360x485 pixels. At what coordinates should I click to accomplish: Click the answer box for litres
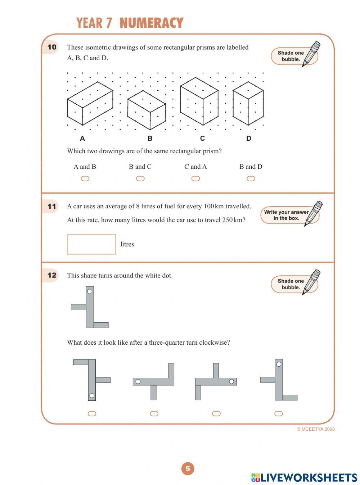(91, 244)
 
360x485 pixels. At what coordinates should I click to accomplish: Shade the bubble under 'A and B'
(85, 178)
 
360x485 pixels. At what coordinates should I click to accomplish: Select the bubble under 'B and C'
(140, 178)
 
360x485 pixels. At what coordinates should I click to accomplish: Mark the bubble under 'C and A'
(195, 178)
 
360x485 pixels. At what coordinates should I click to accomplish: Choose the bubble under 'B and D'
(251, 178)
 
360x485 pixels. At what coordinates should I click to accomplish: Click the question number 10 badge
(52, 47)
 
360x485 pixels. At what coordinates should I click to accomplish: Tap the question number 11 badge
(52, 206)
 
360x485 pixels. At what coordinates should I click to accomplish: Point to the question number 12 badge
(52, 275)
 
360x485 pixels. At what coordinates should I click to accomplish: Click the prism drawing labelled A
(90, 103)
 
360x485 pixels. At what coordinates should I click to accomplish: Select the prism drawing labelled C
(199, 101)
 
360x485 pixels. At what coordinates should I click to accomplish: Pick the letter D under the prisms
(249, 139)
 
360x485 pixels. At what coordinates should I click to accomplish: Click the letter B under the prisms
(150, 139)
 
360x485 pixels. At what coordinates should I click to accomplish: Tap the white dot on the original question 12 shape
(90, 291)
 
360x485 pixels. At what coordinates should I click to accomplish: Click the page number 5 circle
(188, 468)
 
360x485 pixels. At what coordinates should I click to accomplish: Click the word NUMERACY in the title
(151, 23)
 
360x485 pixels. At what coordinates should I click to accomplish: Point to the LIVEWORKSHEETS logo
(304, 477)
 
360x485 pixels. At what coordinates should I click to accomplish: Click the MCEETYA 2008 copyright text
(315, 429)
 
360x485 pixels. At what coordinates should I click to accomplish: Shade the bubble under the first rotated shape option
(92, 413)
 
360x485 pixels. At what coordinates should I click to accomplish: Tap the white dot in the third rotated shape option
(231, 381)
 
